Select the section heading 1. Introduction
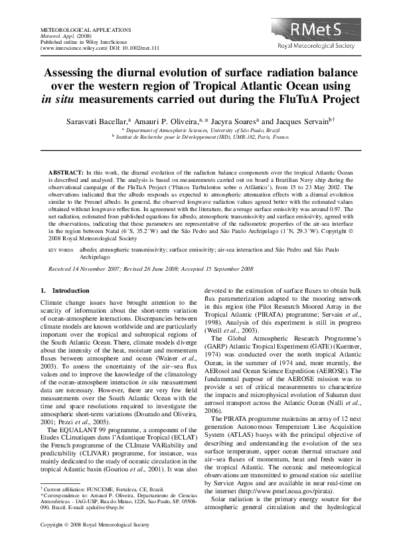click(x=65, y=291)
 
